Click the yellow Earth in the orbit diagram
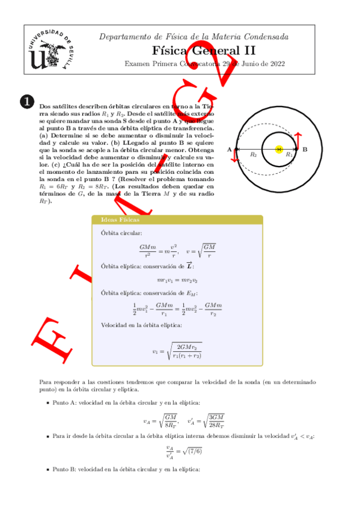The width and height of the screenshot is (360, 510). (278, 149)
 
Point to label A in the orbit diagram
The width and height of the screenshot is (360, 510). (229, 149)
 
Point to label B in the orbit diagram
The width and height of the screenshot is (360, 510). (305, 149)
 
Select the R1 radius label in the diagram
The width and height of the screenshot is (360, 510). (288, 155)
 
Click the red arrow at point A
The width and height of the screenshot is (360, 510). (235, 156)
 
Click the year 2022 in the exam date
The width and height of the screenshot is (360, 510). (275, 64)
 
